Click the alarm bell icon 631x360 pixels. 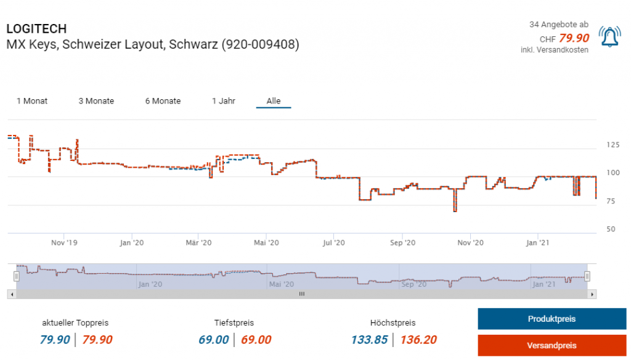(609, 37)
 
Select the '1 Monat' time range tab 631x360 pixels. (32, 101)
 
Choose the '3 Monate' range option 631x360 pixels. (96, 101)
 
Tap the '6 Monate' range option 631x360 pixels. (163, 101)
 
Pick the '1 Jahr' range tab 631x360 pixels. (224, 101)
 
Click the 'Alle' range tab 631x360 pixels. (274, 101)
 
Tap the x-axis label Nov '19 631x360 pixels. (63, 243)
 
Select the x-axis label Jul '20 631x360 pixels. (333, 243)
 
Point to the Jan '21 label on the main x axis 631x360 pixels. (537, 243)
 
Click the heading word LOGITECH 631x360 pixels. (36, 29)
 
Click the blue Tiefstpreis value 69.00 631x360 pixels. (214, 340)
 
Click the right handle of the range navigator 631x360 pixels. (587, 276)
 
